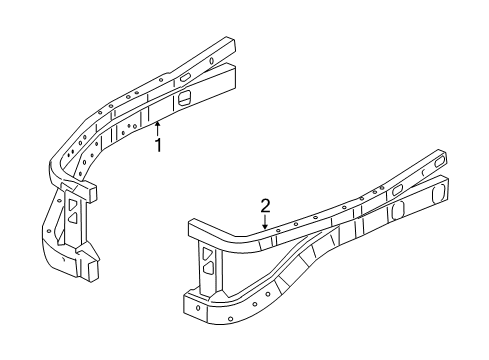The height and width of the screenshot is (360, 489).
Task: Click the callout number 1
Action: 157,146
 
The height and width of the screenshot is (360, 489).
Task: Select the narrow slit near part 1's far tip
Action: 215,59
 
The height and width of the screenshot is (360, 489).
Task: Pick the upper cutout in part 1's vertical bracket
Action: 75,204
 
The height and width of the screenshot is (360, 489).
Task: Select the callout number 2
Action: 265,206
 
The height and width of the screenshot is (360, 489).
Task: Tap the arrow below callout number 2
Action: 265,225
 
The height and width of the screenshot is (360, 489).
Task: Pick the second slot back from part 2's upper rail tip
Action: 397,187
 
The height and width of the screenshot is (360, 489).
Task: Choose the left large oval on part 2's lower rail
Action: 395,211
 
